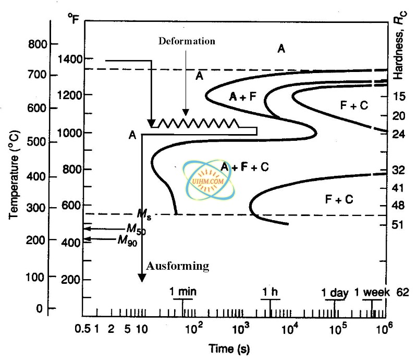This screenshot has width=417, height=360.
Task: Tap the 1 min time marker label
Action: [x=183, y=291]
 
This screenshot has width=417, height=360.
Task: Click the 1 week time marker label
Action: [x=372, y=292]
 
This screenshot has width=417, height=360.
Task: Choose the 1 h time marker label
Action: [x=271, y=291]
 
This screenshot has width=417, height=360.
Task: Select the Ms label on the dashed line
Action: [x=144, y=214]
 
